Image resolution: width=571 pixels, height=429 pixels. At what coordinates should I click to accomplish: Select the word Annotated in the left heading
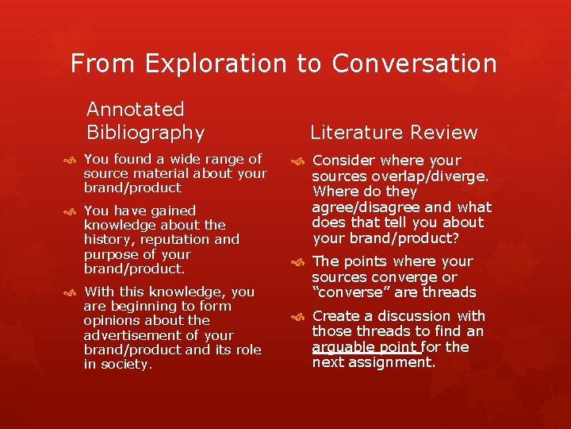(x=135, y=109)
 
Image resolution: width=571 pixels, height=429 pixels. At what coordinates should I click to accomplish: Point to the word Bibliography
(x=145, y=132)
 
